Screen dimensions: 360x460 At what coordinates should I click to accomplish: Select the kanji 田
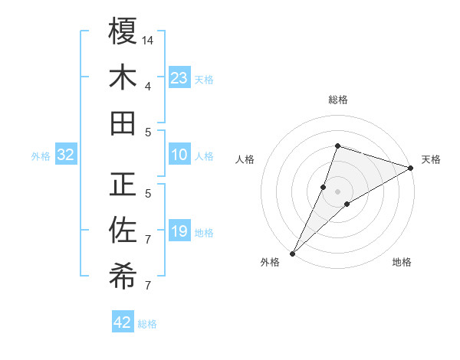123,123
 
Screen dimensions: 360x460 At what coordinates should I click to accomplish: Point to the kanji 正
123,185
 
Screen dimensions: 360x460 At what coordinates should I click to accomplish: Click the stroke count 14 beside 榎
149,39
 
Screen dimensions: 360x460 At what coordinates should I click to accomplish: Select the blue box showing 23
179,77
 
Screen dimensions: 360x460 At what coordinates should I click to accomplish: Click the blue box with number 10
179,155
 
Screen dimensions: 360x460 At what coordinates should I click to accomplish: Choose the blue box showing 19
179,232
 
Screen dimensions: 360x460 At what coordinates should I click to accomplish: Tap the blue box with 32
66,155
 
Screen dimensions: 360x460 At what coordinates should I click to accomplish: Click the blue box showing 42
123,322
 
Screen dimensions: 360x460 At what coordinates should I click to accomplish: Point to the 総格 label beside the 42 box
147,324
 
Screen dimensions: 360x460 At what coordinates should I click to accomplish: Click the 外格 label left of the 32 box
41,156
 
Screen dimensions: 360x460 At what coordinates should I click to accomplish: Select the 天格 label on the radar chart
431,159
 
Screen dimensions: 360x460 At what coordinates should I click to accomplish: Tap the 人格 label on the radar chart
245,159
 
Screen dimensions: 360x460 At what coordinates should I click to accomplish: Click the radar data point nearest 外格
292,253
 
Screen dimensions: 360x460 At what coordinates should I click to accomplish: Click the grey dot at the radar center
338,191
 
